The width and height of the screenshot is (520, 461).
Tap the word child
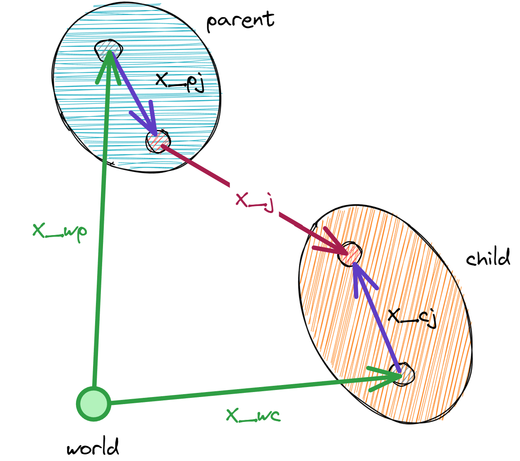[x=488, y=258]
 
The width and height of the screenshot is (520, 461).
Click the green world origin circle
[x=94, y=404]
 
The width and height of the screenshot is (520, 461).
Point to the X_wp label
[x=60, y=231]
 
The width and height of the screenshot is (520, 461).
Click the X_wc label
[x=253, y=415]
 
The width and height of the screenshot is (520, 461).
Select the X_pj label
[x=180, y=81]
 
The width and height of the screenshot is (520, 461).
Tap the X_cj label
[x=412, y=317]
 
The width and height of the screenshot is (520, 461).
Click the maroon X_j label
[x=255, y=201]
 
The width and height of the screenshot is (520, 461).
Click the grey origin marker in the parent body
[x=109, y=50]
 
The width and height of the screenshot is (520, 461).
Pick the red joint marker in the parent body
[x=158, y=141]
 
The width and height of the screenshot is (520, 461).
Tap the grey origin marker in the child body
[x=402, y=375]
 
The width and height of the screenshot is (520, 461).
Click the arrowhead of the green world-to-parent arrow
[x=109, y=62]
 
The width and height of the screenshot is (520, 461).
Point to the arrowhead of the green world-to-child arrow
[x=390, y=376]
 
